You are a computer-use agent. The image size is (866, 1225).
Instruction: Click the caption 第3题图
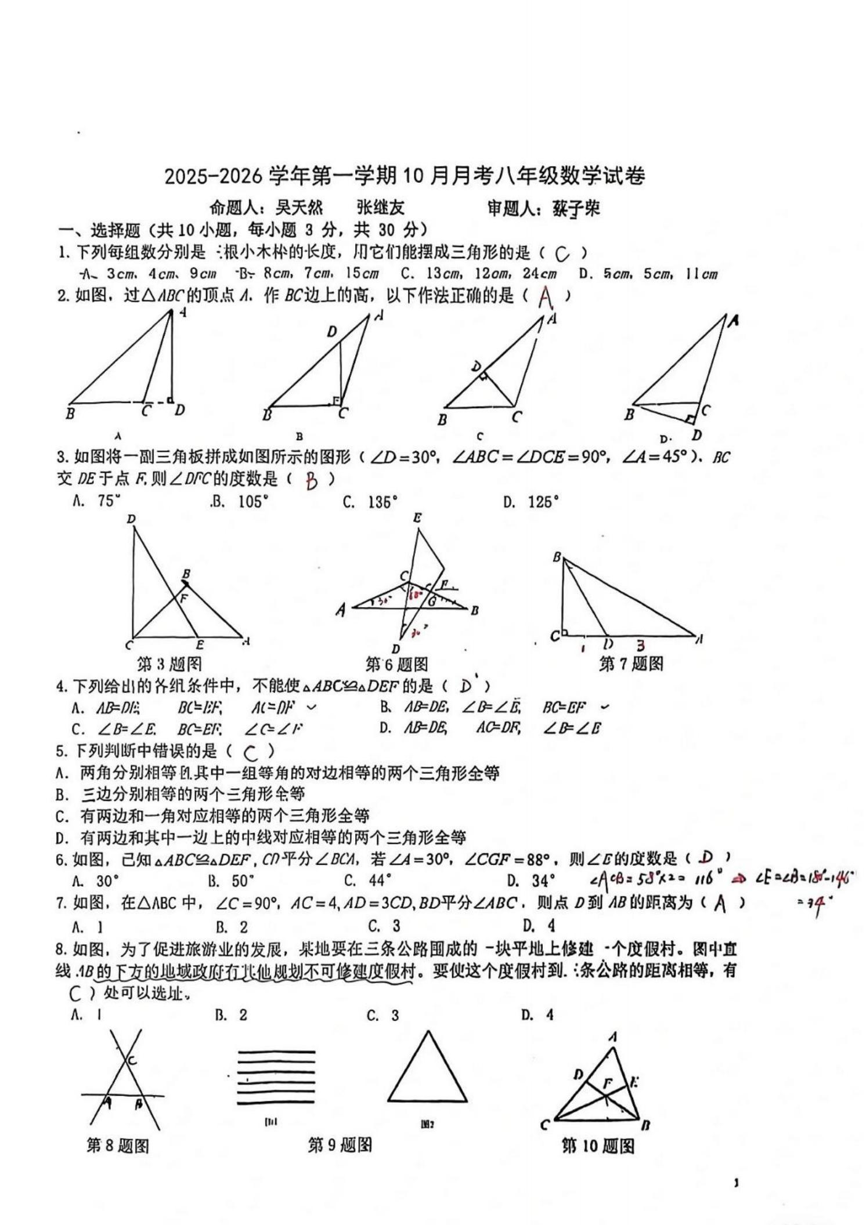169,664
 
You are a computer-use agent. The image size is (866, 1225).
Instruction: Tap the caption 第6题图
396,664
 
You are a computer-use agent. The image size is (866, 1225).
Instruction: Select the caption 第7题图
631,664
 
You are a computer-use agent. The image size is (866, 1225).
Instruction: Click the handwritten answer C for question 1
561,253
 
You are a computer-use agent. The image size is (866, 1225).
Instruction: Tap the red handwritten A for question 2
545,298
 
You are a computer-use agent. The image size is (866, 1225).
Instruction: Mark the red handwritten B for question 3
312,480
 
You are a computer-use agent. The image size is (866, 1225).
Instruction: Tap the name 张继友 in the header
380,208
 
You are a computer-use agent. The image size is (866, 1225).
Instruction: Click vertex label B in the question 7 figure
557,557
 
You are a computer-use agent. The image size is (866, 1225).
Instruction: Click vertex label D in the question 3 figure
131,519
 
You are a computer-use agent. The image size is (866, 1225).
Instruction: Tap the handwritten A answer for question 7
720,904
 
